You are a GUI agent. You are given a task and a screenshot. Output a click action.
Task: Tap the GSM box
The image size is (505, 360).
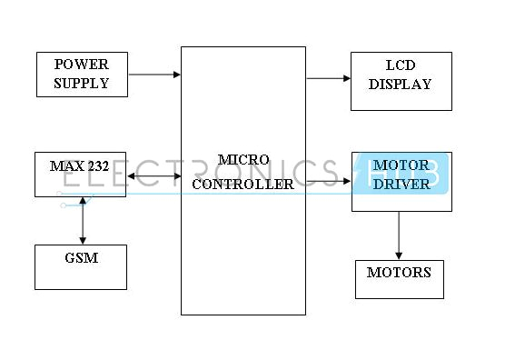tap(81, 266)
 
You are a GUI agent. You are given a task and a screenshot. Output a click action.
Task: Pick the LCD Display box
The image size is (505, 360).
tap(401, 81)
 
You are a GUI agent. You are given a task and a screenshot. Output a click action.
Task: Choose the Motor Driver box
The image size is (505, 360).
tap(401, 182)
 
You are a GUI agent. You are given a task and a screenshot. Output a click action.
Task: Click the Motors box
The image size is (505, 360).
tap(399, 279)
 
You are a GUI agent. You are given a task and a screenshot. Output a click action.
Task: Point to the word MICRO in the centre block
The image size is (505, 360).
tap(243, 159)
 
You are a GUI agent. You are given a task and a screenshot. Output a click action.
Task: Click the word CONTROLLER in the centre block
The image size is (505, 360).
tap(243, 184)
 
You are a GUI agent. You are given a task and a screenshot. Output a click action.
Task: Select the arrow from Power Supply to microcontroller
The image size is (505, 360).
tap(153, 75)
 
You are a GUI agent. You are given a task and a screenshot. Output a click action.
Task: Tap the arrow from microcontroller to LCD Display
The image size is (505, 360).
tap(328, 78)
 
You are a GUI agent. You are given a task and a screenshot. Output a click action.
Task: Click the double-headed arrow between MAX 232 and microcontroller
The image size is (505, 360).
tap(153, 176)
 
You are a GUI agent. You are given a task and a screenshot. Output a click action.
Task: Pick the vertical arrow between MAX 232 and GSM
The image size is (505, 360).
tap(83, 220)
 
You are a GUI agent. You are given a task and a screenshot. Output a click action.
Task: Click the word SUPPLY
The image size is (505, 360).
tap(81, 83)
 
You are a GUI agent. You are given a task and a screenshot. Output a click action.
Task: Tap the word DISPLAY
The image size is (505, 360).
tap(401, 85)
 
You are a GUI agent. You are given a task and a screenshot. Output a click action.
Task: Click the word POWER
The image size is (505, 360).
tap(81, 65)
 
